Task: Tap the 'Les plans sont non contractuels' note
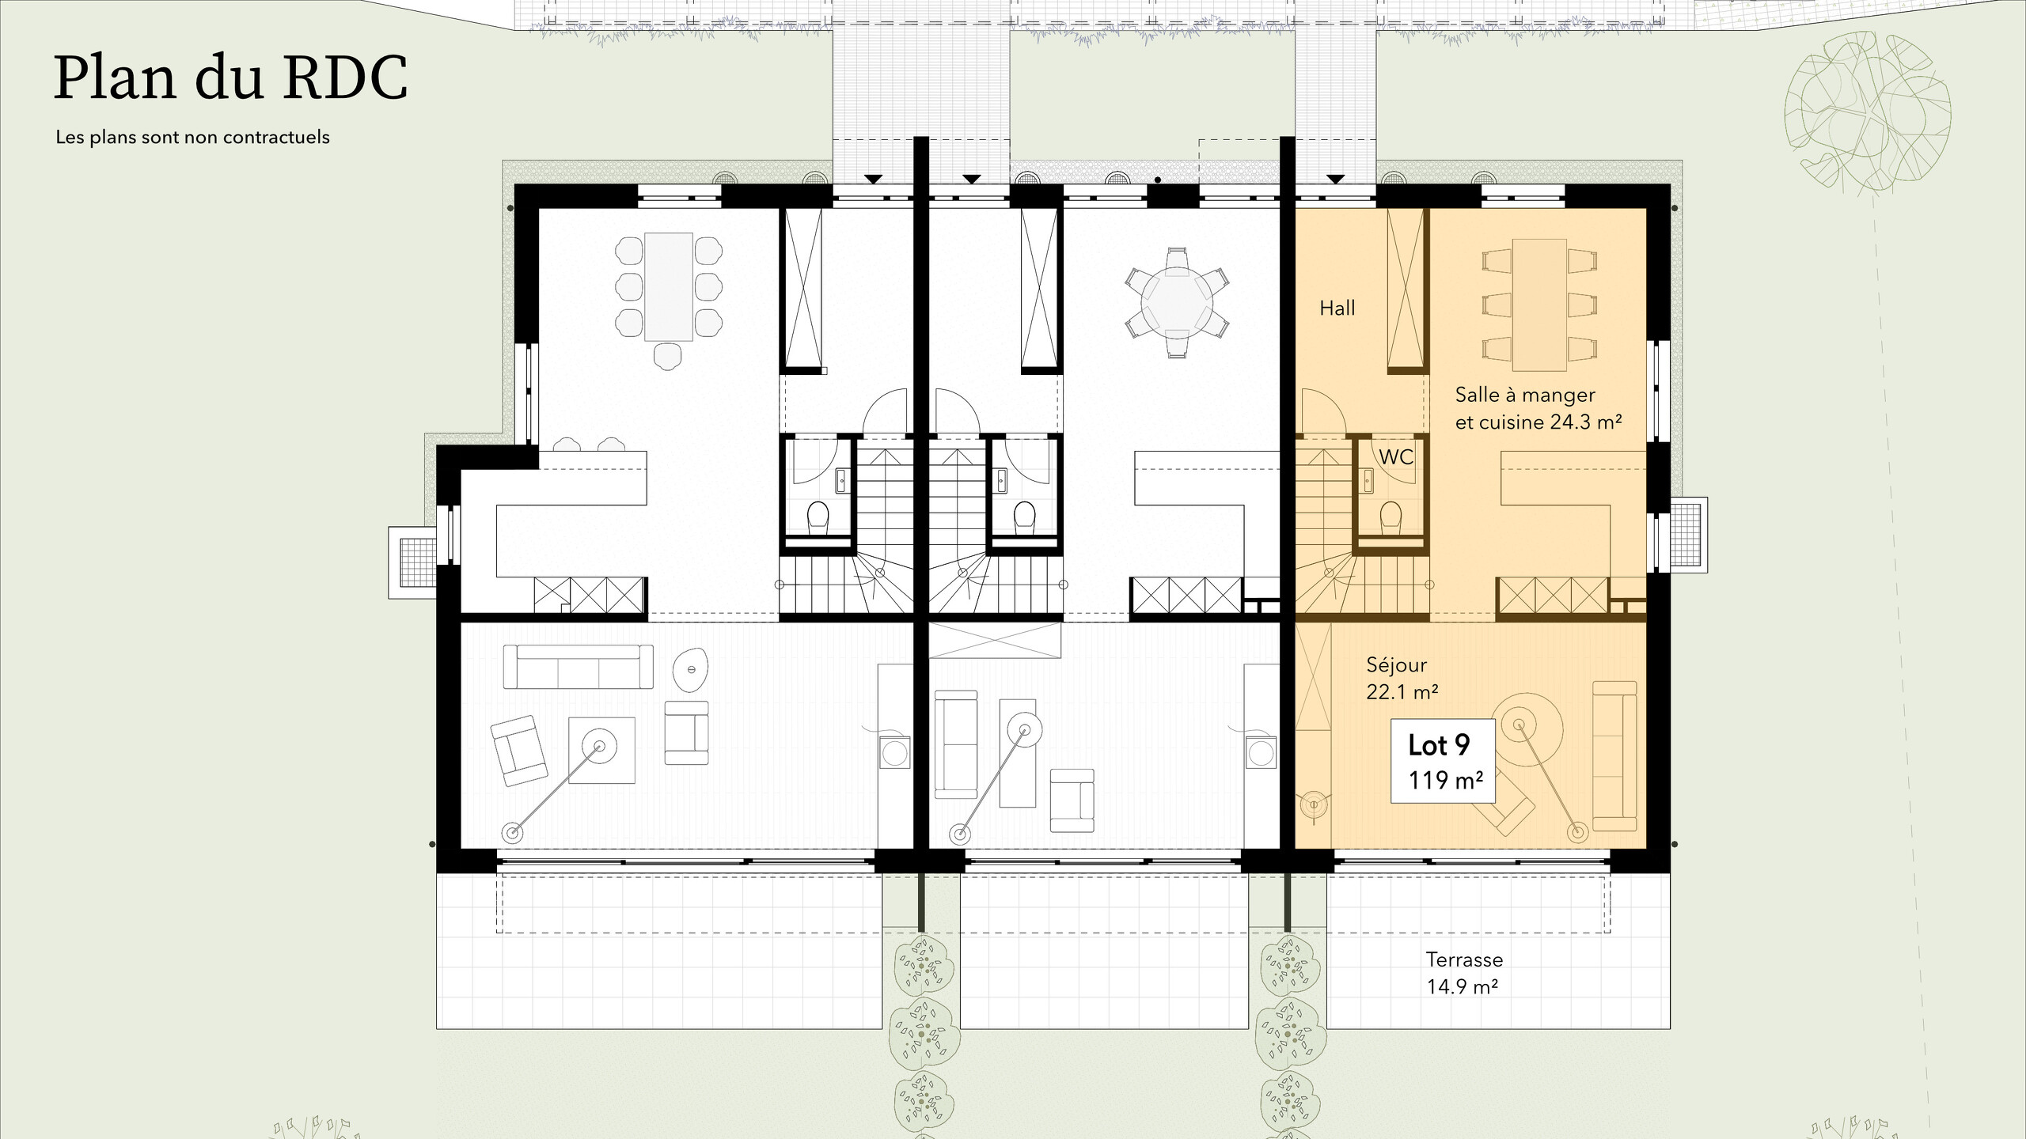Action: click(x=192, y=137)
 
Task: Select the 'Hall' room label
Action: click(x=1337, y=308)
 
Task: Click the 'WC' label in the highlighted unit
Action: click(x=1396, y=456)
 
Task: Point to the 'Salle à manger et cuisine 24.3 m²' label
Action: click(x=1538, y=408)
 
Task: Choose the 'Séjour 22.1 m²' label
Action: click(x=1402, y=679)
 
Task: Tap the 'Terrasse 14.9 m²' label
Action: click(x=1464, y=973)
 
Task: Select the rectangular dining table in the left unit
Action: click(x=669, y=286)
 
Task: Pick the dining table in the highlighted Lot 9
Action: click(x=1539, y=305)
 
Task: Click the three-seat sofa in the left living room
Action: click(x=579, y=667)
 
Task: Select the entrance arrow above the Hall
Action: click(x=1336, y=180)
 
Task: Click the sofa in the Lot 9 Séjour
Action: click(x=1614, y=755)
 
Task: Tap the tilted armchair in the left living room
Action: click(x=518, y=751)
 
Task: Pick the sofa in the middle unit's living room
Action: click(x=956, y=744)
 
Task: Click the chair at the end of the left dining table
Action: click(x=668, y=356)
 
